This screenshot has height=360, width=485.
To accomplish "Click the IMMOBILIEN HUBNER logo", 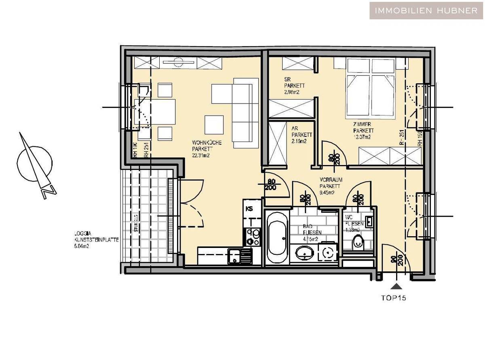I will (x=426, y=11).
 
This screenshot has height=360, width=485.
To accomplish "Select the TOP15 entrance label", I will (x=393, y=299).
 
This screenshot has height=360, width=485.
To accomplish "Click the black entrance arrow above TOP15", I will (x=398, y=286).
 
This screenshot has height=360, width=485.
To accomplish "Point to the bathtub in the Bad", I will (x=277, y=237).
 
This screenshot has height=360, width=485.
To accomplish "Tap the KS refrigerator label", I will (x=249, y=209).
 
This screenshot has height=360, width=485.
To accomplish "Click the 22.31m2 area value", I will (x=202, y=155).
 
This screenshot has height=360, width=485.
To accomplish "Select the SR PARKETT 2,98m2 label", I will (x=294, y=86).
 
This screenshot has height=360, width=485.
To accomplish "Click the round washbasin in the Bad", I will (x=304, y=254).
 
